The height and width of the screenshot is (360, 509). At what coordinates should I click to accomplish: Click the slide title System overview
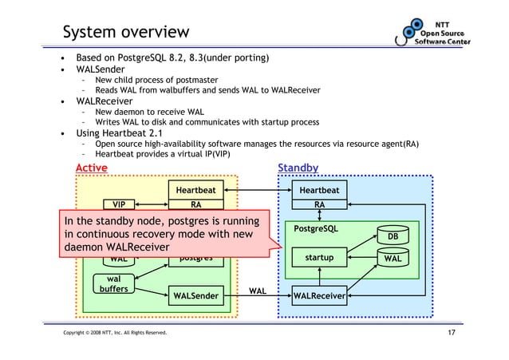[126, 33]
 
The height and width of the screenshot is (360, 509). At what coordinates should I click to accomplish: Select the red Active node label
[91, 168]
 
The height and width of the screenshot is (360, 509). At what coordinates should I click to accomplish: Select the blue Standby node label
[298, 168]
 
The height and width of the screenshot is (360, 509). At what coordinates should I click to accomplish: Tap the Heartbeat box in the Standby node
[319, 190]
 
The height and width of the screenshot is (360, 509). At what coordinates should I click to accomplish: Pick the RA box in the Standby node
[319, 204]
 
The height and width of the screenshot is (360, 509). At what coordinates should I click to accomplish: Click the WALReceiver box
[319, 297]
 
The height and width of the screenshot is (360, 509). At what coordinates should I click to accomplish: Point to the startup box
[319, 258]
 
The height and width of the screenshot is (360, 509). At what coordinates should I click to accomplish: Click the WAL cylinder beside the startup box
[392, 258]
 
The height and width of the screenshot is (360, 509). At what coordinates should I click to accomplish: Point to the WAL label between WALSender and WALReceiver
[258, 291]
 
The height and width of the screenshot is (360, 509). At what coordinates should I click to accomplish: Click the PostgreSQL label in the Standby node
[316, 228]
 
